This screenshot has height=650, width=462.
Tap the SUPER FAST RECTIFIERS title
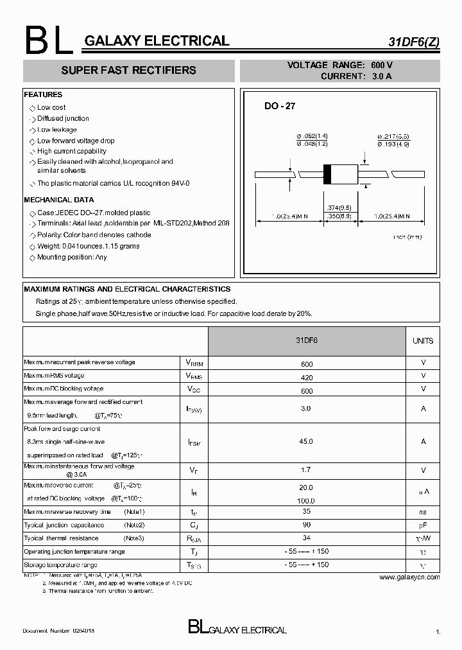tap(128, 70)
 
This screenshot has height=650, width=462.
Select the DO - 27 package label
tap(280, 106)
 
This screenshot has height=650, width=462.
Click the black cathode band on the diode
tap(327, 174)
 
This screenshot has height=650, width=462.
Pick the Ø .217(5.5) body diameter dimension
tap(393, 136)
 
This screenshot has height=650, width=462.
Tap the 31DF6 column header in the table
tap(306, 340)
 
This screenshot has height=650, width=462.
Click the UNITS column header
tap(422, 341)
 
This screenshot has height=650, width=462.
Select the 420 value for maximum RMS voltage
tap(306, 376)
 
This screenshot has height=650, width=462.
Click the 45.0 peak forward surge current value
tap(306, 441)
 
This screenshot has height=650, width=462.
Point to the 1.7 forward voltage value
tap(306, 470)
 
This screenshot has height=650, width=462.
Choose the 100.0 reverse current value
tap(306, 500)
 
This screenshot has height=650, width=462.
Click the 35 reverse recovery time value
tap(306, 512)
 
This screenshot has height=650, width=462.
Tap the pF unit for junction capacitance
tap(423, 525)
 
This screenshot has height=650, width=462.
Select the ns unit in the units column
tap(423, 512)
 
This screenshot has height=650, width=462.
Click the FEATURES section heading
tap(43, 94)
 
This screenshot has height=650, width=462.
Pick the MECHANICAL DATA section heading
tap(58, 200)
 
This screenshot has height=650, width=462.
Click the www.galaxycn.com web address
tap(409, 577)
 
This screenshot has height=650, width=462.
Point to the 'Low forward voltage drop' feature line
tap(76, 141)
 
